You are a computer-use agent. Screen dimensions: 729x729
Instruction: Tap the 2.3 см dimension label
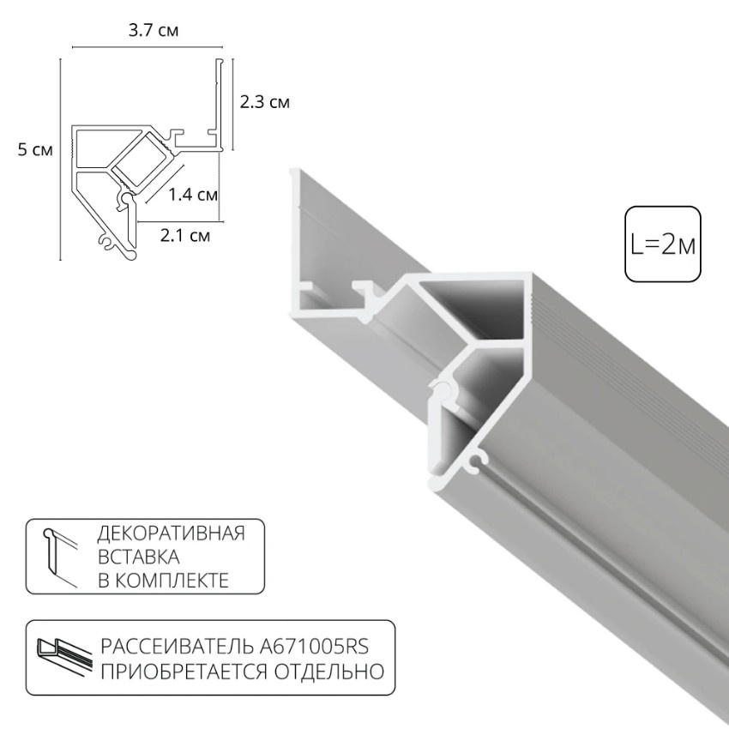coord(264,102)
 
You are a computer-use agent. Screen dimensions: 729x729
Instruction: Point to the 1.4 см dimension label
coord(193,195)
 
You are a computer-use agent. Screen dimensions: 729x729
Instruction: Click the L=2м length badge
coord(663,244)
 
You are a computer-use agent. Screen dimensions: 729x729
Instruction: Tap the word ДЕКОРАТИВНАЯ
coord(172,533)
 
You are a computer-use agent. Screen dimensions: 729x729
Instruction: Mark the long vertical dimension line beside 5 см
coord(61,159)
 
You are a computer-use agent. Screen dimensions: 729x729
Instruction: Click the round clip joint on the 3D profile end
coord(443,391)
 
